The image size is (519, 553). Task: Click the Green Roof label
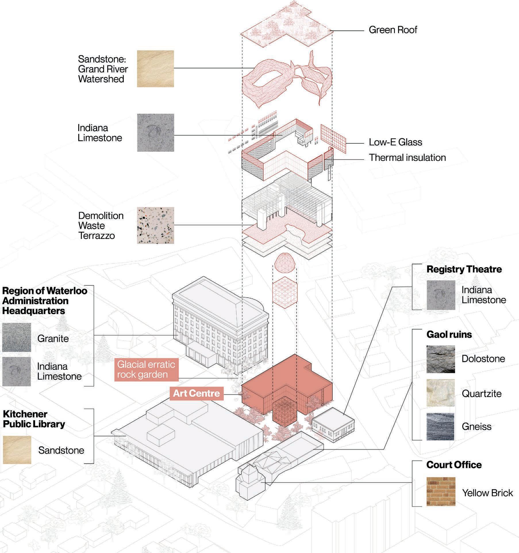coord(393,30)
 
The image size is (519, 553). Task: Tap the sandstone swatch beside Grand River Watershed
coord(155,69)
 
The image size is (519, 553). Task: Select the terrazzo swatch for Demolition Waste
coord(155,225)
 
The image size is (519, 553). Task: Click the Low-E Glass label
coord(395,142)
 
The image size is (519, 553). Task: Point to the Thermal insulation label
coord(407,157)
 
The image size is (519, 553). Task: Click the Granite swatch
coord(16,337)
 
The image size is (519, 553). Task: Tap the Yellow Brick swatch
coord(441,491)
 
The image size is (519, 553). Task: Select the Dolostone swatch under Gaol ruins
coord(441,359)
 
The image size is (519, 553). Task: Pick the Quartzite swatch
coord(441,393)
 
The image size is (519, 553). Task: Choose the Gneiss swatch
coord(441,427)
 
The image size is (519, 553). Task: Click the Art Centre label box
coord(197,393)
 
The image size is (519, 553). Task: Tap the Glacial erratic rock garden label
coord(146,369)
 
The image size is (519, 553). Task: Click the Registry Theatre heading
coord(464,269)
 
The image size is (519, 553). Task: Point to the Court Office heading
coord(454,465)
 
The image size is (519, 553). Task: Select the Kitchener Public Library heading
coord(34,419)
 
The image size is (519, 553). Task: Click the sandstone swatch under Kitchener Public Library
coord(17,450)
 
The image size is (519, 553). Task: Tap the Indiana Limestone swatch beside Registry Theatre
coord(441,295)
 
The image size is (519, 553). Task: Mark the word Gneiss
coord(476,427)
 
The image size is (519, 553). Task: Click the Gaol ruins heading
coord(449,334)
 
